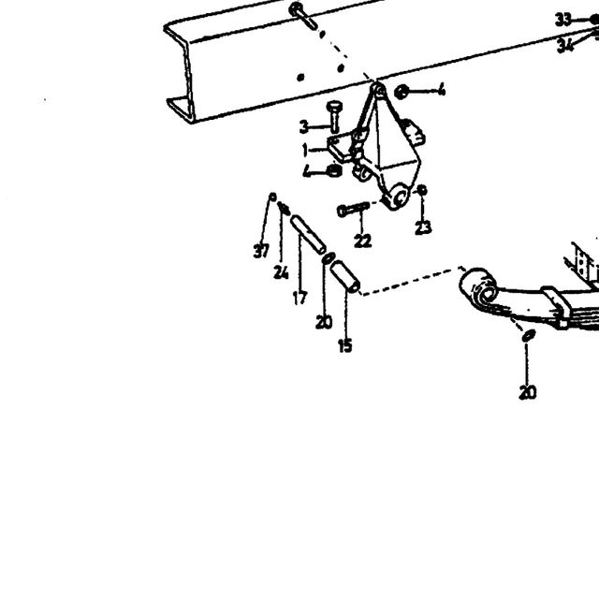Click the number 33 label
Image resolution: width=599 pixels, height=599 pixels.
[x=563, y=20]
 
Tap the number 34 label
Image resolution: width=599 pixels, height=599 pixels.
[x=565, y=46]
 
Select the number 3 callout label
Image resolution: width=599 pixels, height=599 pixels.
[x=303, y=127]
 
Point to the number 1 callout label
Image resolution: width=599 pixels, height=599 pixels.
[x=305, y=150]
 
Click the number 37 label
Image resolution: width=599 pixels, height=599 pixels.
[x=261, y=251]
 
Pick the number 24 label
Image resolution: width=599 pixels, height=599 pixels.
[x=281, y=272]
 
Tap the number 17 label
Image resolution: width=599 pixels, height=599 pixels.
[x=299, y=298]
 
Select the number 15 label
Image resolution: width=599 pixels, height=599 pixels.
[x=345, y=345]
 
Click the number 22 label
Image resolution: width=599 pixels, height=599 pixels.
[x=362, y=241]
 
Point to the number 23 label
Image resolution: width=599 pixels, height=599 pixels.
[x=423, y=227]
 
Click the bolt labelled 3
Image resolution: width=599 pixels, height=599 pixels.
[x=335, y=116]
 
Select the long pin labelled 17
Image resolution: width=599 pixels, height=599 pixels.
[x=308, y=235]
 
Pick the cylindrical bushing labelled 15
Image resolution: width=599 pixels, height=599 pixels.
[x=345, y=277]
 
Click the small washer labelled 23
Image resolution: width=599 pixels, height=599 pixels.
[x=422, y=190]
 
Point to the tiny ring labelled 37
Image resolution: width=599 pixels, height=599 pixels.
[x=272, y=197]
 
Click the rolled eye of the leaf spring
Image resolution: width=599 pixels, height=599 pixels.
[x=480, y=287]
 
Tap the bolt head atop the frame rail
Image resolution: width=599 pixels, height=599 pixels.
[x=296, y=8]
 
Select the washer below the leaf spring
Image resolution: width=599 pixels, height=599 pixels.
[x=529, y=335]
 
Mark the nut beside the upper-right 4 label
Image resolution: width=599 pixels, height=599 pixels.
[x=402, y=92]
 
